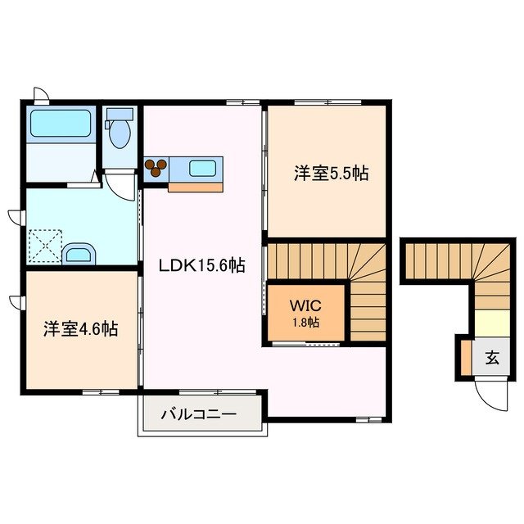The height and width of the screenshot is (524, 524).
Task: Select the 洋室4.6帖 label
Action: point(80,329)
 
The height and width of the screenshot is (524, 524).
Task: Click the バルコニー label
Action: point(198,414)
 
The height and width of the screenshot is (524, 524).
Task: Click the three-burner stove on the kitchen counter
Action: point(156,168)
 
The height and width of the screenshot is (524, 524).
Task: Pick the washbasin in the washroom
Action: point(79,253)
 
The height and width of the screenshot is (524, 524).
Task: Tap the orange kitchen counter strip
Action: point(195,187)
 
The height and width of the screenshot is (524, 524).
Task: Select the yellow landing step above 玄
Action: point(491,323)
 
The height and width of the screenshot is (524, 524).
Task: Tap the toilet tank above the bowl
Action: point(120,115)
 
